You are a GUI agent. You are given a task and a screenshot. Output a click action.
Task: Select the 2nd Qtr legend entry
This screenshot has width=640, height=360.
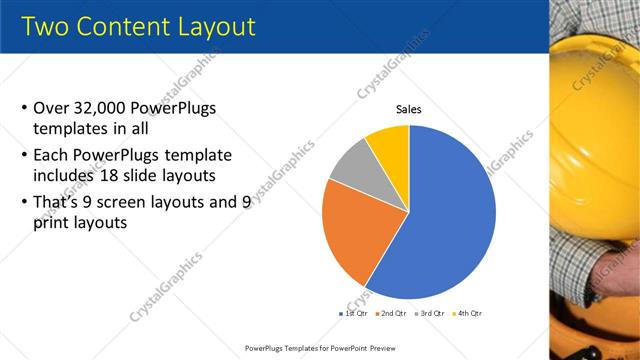click(x=390, y=313)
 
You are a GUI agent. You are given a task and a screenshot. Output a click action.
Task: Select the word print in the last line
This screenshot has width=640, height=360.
click(x=53, y=224)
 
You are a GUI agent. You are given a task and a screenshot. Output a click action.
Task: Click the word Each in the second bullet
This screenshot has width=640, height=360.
click(x=51, y=155)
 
